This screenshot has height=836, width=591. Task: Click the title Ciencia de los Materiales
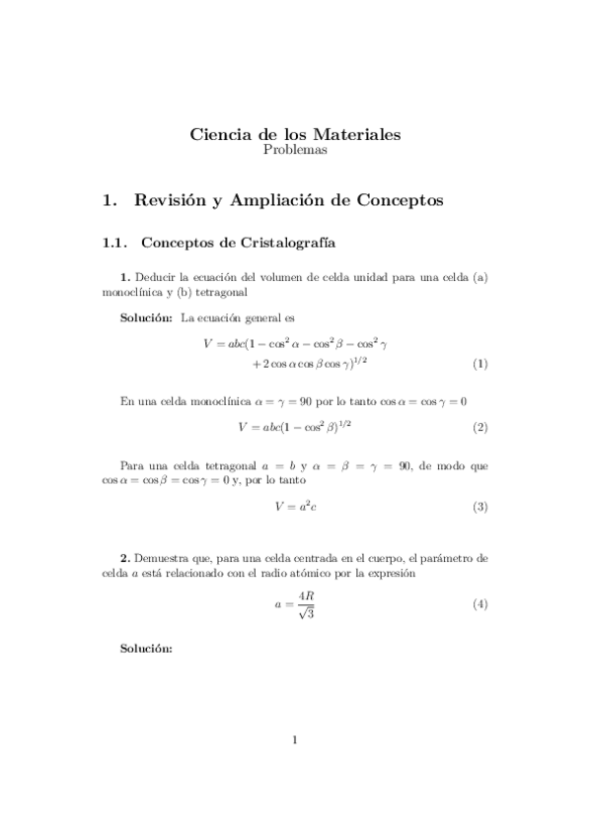295,135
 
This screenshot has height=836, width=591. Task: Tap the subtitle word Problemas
295,151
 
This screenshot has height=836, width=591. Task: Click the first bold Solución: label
146,317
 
